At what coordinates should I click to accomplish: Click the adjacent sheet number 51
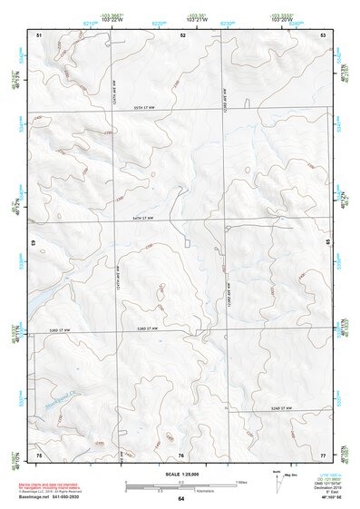[39, 34]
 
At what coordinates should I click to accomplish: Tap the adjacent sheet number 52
[182, 34]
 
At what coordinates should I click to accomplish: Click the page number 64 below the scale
[181, 498]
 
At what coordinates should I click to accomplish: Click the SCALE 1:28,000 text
[180, 474]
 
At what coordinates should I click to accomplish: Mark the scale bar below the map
[180, 485]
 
